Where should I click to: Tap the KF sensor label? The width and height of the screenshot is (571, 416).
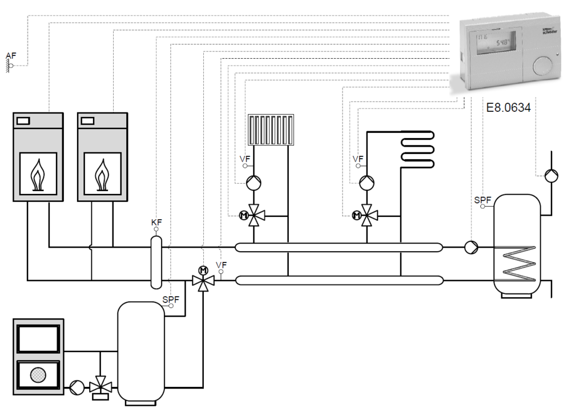pos(156,222)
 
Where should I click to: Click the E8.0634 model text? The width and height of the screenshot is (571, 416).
pos(508,107)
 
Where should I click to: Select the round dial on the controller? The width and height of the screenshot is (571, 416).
pos(542,66)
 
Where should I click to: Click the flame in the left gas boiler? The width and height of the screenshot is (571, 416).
pos(38,173)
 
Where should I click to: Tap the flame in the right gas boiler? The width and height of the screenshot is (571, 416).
pos(102,173)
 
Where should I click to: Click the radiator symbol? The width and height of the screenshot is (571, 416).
pos(272,130)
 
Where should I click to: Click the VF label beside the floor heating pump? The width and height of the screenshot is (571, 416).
pos(358,159)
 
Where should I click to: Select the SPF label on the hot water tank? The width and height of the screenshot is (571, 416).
pos(482,200)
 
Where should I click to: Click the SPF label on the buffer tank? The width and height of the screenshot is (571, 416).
pos(171,299)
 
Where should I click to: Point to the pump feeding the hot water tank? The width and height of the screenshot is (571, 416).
pos(471,247)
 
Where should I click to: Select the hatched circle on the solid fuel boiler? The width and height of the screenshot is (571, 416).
pos(38,374)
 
